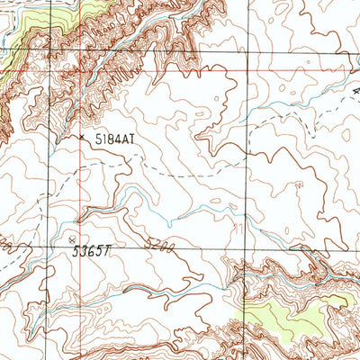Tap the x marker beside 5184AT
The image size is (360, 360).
click(82, 138)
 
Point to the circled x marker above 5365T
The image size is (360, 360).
click(73, 240)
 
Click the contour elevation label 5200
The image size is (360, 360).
click(156, 244)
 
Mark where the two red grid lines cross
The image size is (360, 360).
click(78, 69)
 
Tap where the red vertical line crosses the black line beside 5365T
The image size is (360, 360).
click(78, 247)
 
